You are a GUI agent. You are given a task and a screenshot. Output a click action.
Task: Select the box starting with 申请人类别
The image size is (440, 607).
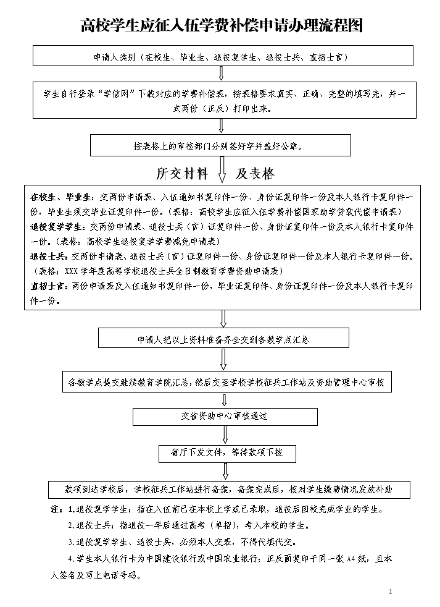(220, 56)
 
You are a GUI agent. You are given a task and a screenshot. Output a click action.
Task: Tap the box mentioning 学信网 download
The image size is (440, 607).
(220, 100)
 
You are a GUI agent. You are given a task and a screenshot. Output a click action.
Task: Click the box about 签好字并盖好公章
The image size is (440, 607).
(220, 146)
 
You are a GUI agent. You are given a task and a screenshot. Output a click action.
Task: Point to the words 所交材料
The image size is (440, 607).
(182, 173)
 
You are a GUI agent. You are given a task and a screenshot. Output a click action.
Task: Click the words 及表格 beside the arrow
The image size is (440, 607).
(255, 173)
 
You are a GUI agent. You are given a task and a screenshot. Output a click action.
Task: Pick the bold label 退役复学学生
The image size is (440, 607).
(59, 227)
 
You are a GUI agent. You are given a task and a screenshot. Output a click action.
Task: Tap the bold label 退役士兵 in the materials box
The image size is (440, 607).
(51, 256)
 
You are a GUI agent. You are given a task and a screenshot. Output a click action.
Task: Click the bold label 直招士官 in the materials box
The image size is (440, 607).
(51, 286)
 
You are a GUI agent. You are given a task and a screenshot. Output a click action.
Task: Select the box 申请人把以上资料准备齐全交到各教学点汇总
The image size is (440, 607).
(223, 339)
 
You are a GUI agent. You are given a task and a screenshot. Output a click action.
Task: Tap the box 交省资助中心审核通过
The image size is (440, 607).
(225, 417)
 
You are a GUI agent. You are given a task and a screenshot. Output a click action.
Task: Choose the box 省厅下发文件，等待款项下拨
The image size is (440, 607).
(227, 452)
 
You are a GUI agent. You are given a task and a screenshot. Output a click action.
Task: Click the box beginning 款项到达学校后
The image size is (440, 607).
(229, 489)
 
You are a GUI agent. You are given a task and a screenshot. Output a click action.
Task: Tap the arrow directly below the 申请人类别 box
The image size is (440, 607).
(221, 74)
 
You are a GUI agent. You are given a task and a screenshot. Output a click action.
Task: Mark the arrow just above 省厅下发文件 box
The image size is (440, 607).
(225, 435)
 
